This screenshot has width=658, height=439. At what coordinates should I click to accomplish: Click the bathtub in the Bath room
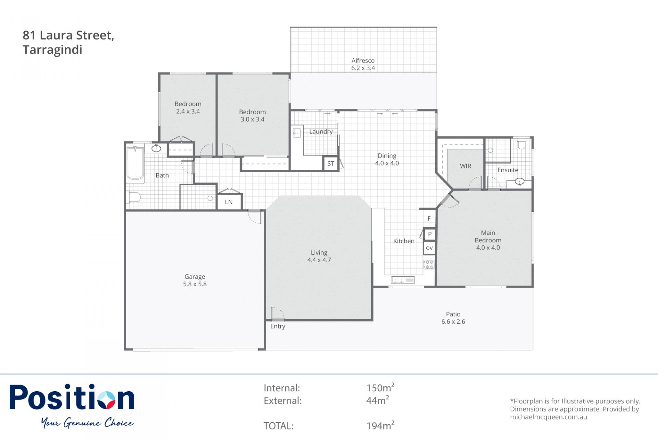tap(135, 163)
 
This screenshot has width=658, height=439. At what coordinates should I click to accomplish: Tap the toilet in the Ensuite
tap(521, 144)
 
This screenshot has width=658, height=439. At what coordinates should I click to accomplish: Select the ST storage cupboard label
tap(331, 164)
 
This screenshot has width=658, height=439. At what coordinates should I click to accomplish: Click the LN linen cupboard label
tap(229, 202)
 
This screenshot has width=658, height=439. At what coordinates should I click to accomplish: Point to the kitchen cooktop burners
tap(429, 264)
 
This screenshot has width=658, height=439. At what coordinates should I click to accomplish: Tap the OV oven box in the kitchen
tap(429, 248)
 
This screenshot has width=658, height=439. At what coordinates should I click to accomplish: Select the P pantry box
tap(430, 234)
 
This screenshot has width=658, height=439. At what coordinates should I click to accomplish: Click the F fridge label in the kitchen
tap(429, 219)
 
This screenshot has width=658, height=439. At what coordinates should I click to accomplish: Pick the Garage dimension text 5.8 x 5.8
tap(195, 284)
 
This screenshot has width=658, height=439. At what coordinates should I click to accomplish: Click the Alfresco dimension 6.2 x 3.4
tap(363, 68)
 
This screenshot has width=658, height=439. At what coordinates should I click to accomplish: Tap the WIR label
tap(465, 166)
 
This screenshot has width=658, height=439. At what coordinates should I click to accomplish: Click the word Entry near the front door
tap(278, 326)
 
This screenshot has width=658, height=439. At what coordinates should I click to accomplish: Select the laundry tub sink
tap(297, 133)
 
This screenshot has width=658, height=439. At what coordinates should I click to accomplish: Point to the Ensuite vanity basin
tap(520, 182)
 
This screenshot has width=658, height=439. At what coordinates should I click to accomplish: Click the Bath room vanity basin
tap(156, 148)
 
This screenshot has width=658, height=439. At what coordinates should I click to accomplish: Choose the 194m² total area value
tap(380, 425)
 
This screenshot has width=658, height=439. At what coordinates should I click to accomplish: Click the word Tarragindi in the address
tap(52, 50)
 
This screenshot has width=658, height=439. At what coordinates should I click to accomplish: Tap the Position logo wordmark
tap(72, 397)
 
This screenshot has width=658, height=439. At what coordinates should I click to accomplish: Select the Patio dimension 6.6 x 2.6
tap(453, 322)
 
